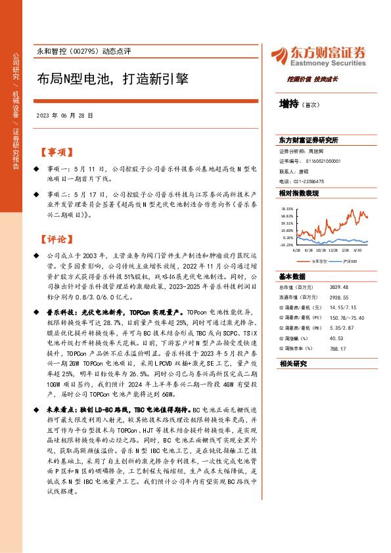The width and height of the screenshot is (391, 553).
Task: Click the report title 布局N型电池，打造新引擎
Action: (113, 79)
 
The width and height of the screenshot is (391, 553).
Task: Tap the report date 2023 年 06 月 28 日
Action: (64, 115)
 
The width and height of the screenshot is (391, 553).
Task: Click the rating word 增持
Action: (288, 103)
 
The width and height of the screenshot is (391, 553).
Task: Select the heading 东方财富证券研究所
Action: (308, 141)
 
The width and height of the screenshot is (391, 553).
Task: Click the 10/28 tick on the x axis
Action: (321, 250)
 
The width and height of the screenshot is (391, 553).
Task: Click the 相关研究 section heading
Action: (293, 363)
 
